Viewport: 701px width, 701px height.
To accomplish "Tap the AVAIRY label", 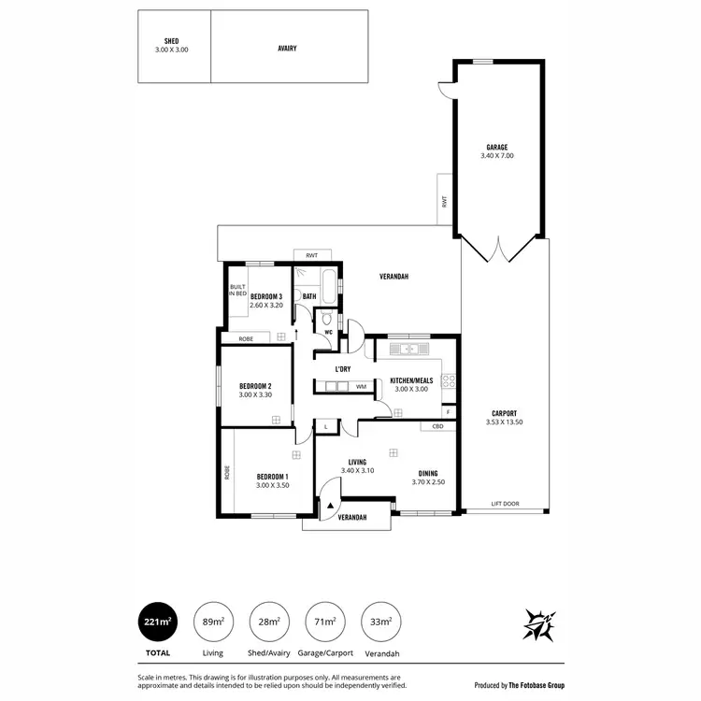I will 287,48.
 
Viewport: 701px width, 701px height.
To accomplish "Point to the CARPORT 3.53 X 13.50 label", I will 502,417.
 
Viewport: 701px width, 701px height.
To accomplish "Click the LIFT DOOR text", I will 505,505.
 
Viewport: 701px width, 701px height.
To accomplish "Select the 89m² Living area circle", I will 213,622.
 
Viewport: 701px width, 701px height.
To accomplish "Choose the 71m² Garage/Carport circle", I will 324,622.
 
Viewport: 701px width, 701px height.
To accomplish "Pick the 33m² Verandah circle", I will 380,622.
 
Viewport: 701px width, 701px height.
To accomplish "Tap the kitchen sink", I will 408,350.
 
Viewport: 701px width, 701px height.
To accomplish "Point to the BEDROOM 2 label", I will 255,390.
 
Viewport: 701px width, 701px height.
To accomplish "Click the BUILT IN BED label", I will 237,291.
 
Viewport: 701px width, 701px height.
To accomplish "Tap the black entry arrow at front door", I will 327,505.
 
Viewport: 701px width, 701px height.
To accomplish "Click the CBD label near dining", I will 437,427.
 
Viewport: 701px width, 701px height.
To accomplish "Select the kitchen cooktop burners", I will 448,380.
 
